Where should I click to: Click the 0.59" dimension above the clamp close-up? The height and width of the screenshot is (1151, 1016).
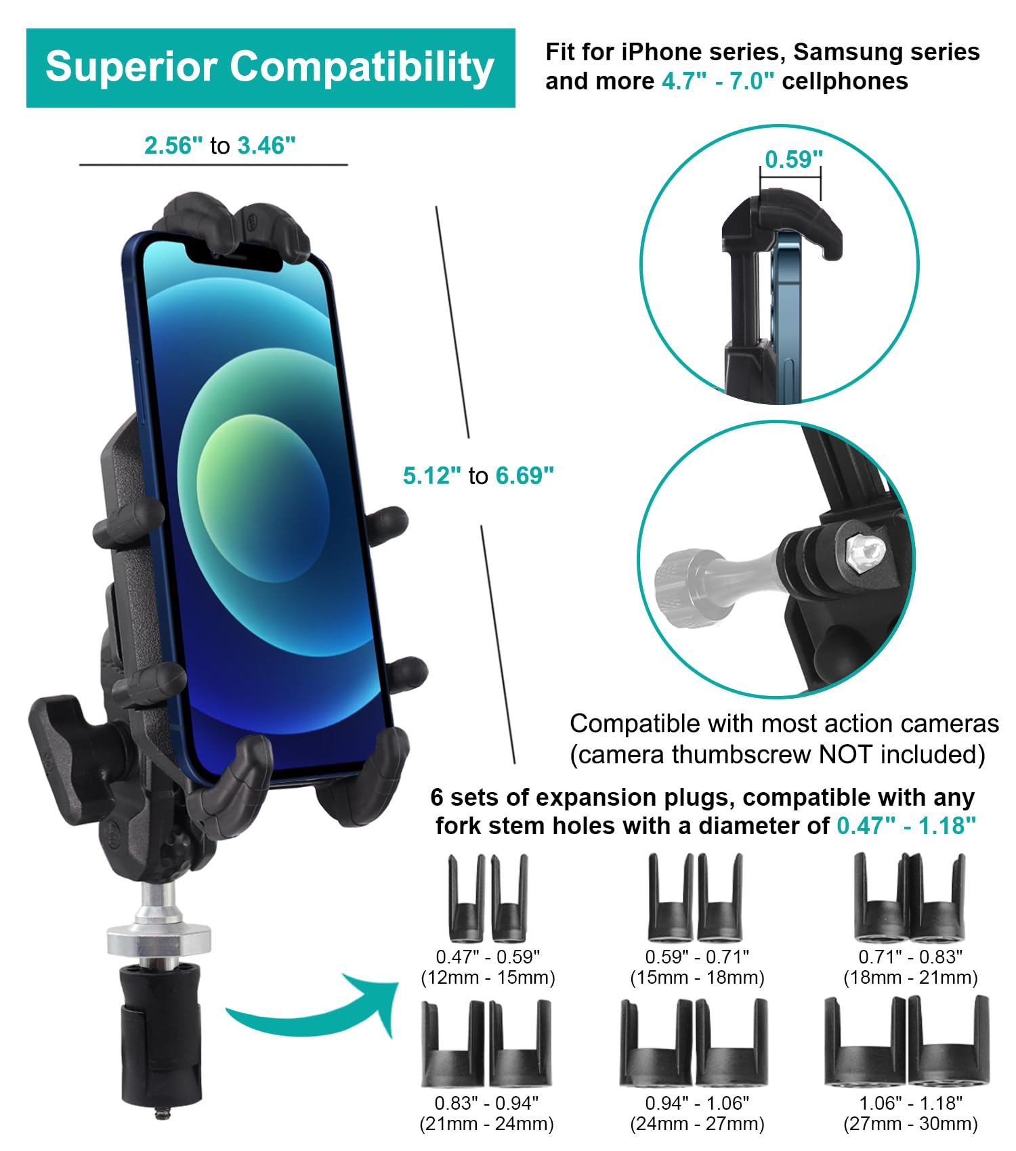(794, 159)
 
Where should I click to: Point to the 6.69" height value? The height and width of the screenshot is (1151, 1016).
(525, 476)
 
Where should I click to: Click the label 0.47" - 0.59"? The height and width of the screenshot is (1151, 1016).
(488, 957)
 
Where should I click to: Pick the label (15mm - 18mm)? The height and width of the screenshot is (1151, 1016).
(697, 978)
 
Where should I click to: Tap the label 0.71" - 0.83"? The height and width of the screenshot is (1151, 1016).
(910, 957)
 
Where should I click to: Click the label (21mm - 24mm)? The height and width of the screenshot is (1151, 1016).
(487, 1124)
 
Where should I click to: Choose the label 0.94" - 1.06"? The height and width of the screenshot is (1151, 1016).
(697, 1103)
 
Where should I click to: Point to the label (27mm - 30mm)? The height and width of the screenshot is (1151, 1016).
(910, 1124)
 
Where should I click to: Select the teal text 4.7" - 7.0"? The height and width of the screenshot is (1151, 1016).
(718, 81)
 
